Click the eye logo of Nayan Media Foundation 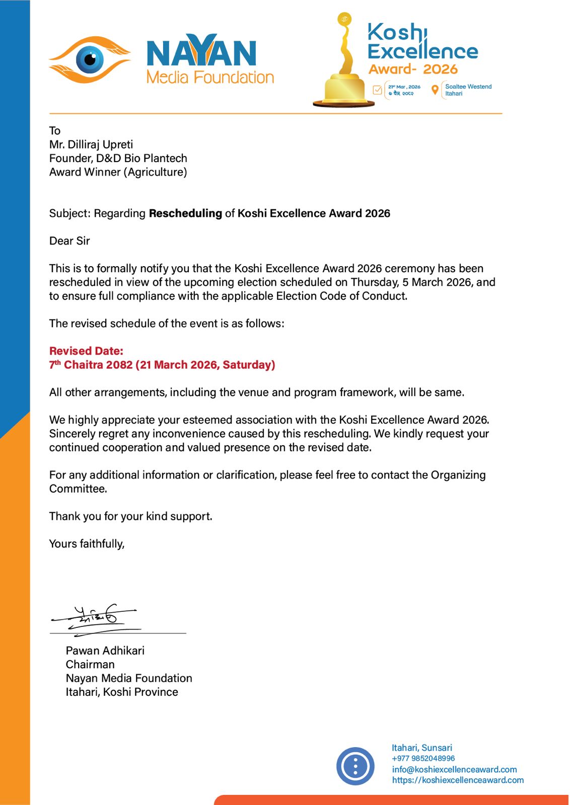(x=90, y=59)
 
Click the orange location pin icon (x=435, y=90)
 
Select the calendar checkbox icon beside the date (x=377, y=90)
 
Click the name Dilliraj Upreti (x=100, y=144)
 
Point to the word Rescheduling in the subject (x=185, y=213)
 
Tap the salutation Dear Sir (x=69, y=241)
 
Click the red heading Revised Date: (x=86, y=351)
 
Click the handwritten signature (x=96, y=619)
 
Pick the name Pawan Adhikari (x=105, y=651)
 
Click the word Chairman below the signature (x=90, y=664)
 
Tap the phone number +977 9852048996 (x=423, y=758)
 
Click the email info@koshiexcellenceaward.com (x=454, y=769)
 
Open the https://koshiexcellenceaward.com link (x=458, y=780)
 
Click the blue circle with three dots (x=355, y=766)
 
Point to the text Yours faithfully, (x=87, y=544)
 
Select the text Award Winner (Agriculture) (x=118, y=172)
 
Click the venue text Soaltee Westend (x=468, y=87)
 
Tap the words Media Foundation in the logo (x=210, y=77)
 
